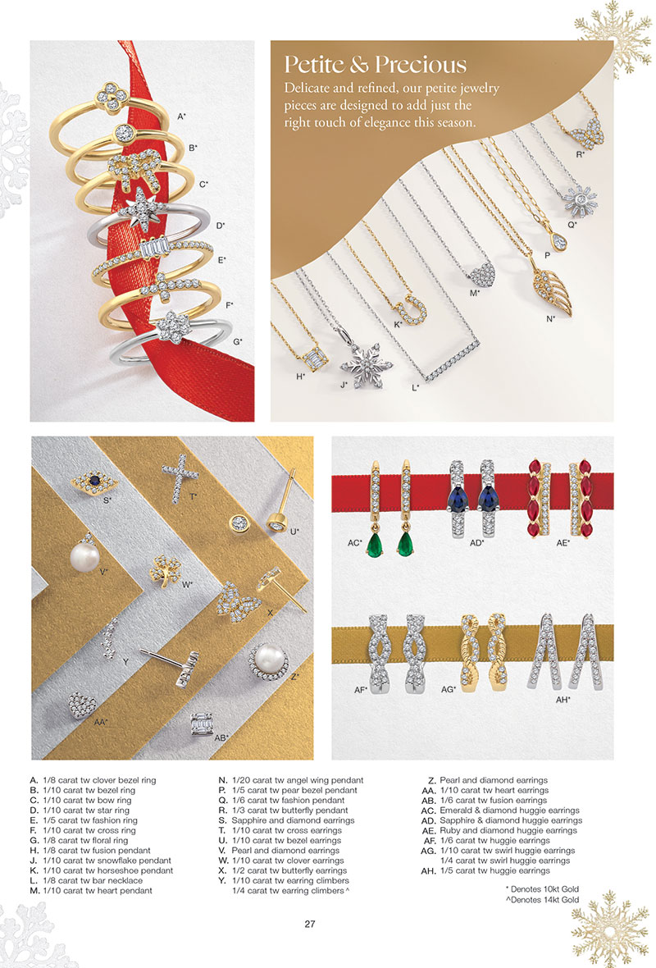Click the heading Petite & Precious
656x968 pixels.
[x=376, y=65]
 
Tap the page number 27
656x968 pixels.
[x=310, y=925]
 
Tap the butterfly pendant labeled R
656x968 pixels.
[x=586, y=134]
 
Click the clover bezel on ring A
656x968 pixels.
[x=112, y=98]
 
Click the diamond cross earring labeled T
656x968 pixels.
[x=180, y=478]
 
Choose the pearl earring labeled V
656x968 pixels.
[x=84, y=555]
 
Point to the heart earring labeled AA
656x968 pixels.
[x=81, y=705]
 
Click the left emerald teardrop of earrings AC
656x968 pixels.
[x=374, y=546]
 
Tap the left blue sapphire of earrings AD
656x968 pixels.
[x=458, y=495]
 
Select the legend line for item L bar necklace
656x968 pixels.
[x=86, y=880]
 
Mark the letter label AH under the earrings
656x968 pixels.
[x=563, y=700]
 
